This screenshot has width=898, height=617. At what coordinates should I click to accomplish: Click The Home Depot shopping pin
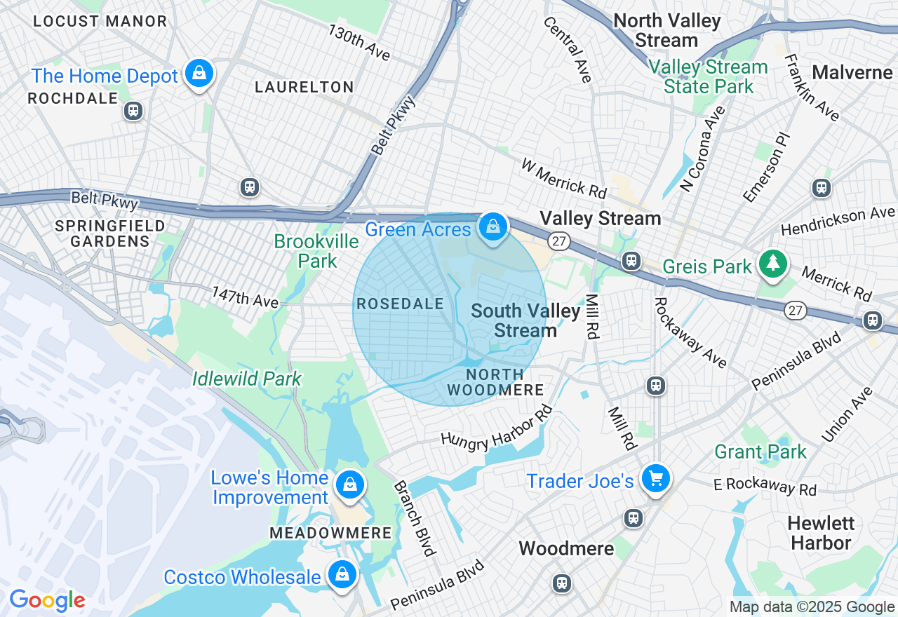pyautogui.click(x=199, y=72)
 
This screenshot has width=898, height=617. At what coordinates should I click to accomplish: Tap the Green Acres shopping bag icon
pyautogui.click(x=493, y=226)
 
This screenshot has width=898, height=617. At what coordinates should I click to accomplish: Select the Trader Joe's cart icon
pyautogui.click(x=656, y=480)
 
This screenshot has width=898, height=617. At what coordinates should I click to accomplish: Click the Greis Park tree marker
pyautogui.click(x=772, y=264)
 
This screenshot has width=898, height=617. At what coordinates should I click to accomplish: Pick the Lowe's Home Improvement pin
pyautogui.click(x=349, y=484)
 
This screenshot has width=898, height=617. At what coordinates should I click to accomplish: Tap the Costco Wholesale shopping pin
pyautogui.click(x=342, y=574)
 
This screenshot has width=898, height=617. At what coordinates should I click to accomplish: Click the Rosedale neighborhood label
pyautogui.click(x=400, y=304)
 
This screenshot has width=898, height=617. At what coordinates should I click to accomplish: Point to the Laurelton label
pyautogui.click(x=304, y=87)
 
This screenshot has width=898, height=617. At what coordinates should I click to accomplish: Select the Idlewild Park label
pyautogui.click(x=247, y=379)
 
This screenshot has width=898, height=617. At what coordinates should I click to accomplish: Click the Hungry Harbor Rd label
pyautogui.click(x=495, y=427)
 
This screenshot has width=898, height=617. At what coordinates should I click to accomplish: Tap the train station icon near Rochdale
pyautogui.click(x=133, y=111)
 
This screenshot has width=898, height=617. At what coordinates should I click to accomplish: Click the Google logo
pyautogui.click(x=47, y=600)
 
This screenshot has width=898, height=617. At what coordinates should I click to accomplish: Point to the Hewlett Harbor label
pyautogui.click(x=819, y=533)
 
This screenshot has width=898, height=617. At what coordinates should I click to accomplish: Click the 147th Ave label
pyautogui.click(x=245, y=297)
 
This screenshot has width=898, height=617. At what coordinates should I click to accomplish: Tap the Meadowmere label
pyautogui.click(x=330, y=533)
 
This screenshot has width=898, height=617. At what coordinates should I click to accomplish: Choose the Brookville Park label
pyautogui.click(x=316, y=251)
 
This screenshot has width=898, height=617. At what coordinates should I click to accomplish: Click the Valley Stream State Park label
pyautogui.click(x=708, y=77)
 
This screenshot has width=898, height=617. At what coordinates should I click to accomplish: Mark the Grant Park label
pyautogui.click(x=760, y=452)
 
